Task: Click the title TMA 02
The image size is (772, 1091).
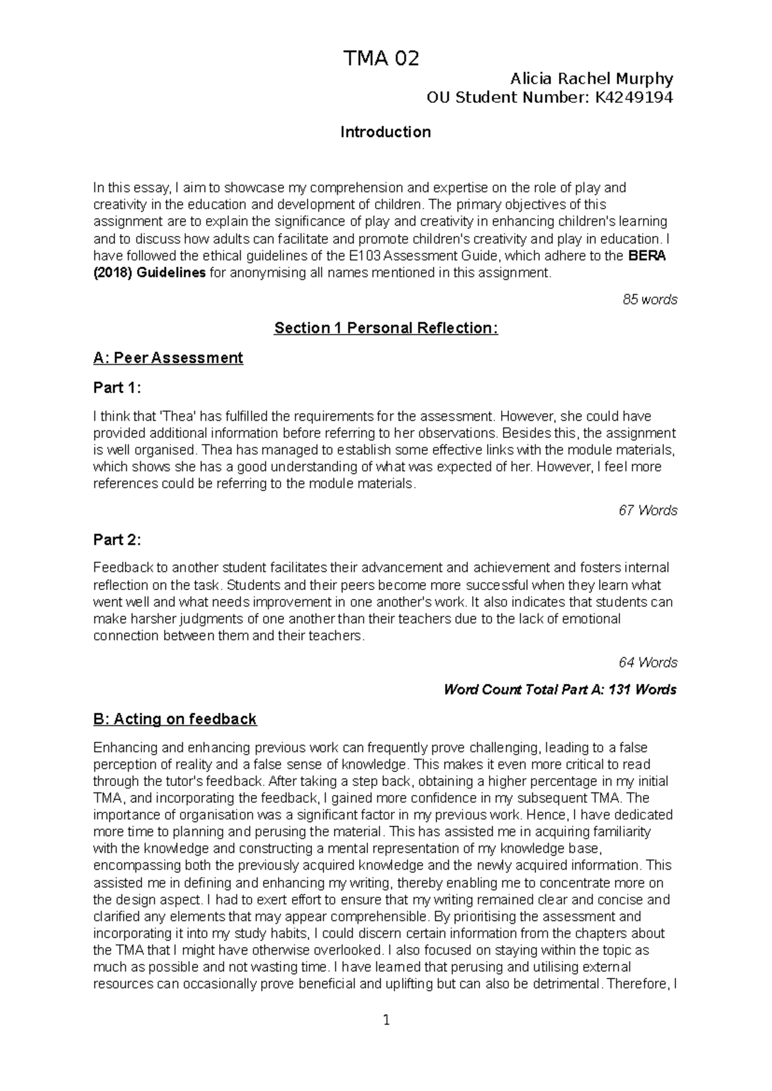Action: tap(381, 59)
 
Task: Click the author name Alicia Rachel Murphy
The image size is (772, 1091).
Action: tap(591, 79)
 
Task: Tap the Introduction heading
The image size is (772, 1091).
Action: tap(385, 133)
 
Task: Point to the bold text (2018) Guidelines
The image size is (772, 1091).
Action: tap(149, 273)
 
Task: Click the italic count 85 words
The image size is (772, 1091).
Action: tap(650, 300)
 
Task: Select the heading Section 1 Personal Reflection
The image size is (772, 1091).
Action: tap(385, 329)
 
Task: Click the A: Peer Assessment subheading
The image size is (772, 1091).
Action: tap(168, 358)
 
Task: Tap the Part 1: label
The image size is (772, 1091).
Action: tap(116, 388)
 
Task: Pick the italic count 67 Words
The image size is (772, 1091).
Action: tap(648, 511)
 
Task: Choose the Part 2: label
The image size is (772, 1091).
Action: tap(116, 540)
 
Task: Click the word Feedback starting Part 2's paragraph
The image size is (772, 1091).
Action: tap(123, 568)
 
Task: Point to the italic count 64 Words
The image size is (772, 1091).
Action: tap(648, 663)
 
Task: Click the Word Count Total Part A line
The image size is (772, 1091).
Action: tap(560, 690)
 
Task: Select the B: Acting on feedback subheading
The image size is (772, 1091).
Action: tap(174, 719)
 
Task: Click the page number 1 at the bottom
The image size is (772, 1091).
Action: tap(386, 1020)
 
